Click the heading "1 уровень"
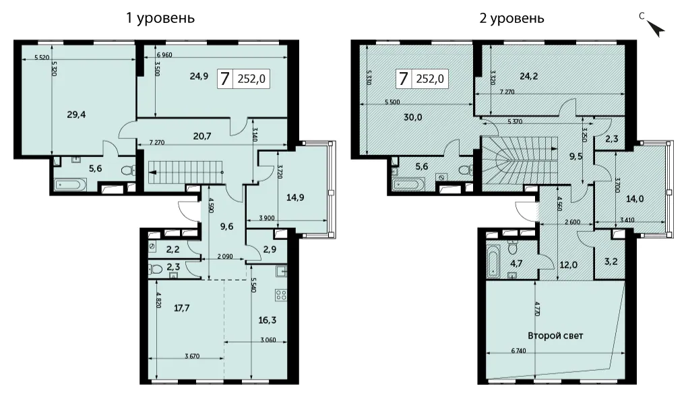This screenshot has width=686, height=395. click(160, 18)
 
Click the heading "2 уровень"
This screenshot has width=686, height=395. click(511, 18)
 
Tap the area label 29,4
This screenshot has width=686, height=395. click(76, 115)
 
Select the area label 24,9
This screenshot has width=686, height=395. click(199, 76)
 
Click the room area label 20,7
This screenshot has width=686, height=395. click(202, 136)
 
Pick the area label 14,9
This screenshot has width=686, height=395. click(295, 197)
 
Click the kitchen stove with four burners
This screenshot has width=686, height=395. click(280, 295)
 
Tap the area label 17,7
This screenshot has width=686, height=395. click(181, 308)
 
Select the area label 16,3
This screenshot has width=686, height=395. click(268, 320)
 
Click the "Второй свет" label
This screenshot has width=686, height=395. click(555, 336)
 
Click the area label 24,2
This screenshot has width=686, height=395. click(528, 76)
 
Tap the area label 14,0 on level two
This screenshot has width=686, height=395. click(634, 199)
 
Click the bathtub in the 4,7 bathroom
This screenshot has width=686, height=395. click(493, 261)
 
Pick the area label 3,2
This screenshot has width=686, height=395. click(609, 262)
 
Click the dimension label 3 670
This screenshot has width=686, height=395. click(192, 356)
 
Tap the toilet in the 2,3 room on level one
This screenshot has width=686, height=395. click(156, 269)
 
